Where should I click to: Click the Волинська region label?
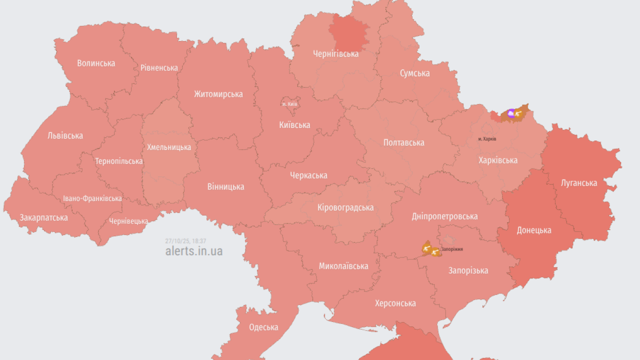[96, 63]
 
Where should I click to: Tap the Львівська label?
[65, 135]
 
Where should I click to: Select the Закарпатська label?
[43, 217]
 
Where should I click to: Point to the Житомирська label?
[218, 94]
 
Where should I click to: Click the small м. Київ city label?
[289, 104]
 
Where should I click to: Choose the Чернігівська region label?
[335, 54]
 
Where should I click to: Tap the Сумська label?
[414, 73]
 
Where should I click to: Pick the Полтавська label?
[403, 142]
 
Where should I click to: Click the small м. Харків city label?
[487, 138]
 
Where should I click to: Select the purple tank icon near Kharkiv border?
[510, 114]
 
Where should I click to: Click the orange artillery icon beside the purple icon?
[520, 114]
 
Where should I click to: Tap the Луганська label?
[579, 183]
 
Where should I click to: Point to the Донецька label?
[534, 230]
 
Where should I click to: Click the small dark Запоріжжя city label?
[451, 248]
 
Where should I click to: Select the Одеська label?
[263, 327]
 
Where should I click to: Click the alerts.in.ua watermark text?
[194, 251]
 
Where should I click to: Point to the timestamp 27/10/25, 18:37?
[185, 241]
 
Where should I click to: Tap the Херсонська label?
[395, 303]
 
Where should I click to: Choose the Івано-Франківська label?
[92, 198]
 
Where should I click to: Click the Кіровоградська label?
[345, 207]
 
